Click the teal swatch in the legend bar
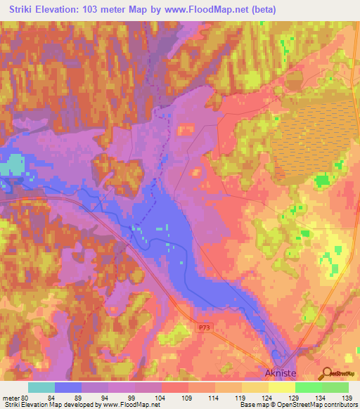[41, 387]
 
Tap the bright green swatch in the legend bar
[308, 387]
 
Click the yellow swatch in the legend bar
[281, 387]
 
